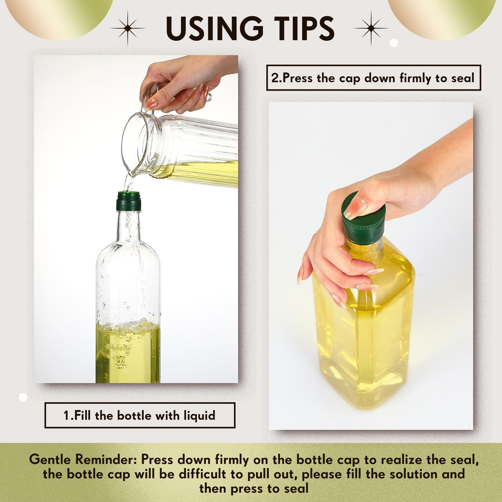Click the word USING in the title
click(x=214, y=28)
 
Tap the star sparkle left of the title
click(x=128, y=28)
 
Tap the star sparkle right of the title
click(x=371, y=28)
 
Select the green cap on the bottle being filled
click(x=129, y=201)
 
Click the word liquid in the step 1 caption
click(x=199, y=415)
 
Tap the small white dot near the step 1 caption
click(x=23, y=397)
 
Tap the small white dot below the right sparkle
click(x=394, y=42)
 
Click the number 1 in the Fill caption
click(x=66, y=416)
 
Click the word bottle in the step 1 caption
click(x=134, y=415)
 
